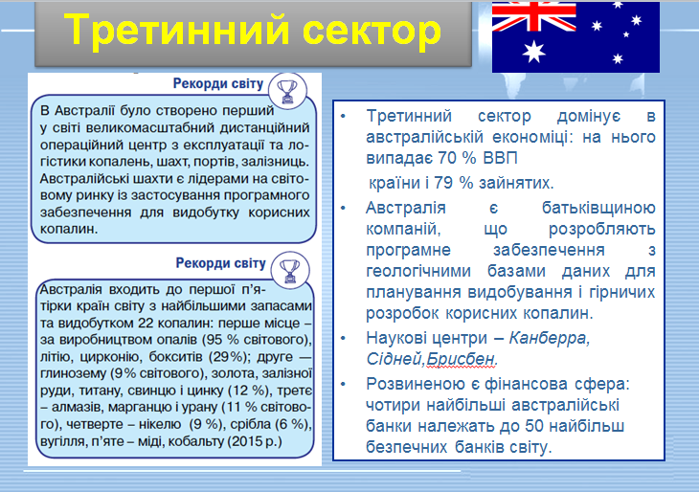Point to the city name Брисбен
(x=464, y=359)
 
